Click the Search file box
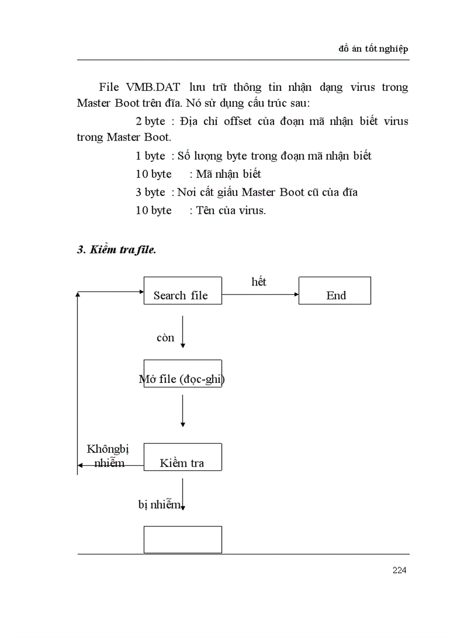[x=183, y=290]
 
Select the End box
[x=335, y=290]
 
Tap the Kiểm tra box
[x=183, y=457]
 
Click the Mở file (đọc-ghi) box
[x=183, y=374]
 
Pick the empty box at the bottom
[x=183, y=540]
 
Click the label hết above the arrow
[x=259, y=282]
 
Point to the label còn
[x=165, y=337]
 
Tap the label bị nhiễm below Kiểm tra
[x=160, y=504]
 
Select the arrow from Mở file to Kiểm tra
[x=183, y=410]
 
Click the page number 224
[x=399, y=570]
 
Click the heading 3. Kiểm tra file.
[x=117, y=249]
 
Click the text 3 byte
[x=150, y=192]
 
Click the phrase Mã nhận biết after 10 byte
[x=229, y=174]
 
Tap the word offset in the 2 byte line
[x=248, y=121]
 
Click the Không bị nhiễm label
[x=108, y=456]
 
